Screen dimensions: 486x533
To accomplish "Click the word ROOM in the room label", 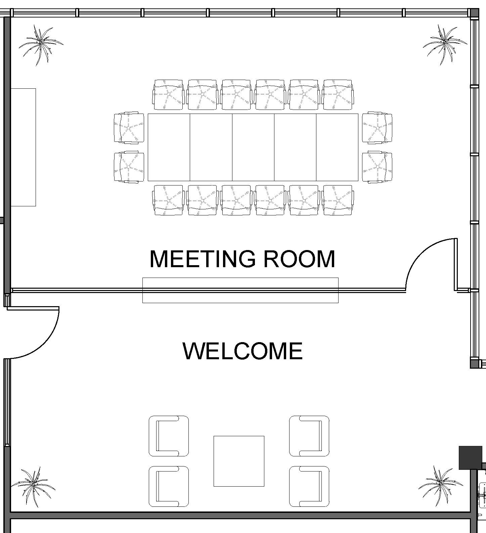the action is [299, 259].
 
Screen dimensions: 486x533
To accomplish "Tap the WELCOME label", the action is [242, 351].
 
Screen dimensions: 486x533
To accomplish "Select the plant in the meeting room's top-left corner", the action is [40, 45].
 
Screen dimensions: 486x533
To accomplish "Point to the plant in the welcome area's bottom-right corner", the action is [441, 487].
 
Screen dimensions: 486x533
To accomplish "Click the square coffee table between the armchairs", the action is [239, 461].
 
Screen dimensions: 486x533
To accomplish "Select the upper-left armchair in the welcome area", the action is [169, 436].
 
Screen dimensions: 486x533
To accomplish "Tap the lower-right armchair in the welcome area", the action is [309, 486].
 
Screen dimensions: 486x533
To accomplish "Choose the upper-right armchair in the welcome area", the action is [309, 436].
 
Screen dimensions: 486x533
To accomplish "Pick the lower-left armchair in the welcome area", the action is [169, 486].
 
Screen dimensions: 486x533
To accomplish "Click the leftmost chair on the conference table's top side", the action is [168, 94].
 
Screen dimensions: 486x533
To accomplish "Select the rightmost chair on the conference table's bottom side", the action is [338, 200].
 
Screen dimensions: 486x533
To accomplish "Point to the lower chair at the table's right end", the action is [377, 167].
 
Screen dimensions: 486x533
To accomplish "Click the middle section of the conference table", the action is [253, 147].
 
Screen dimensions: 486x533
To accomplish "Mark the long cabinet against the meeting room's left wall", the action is [23, 147].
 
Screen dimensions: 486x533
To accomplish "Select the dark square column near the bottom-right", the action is [471, 458].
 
